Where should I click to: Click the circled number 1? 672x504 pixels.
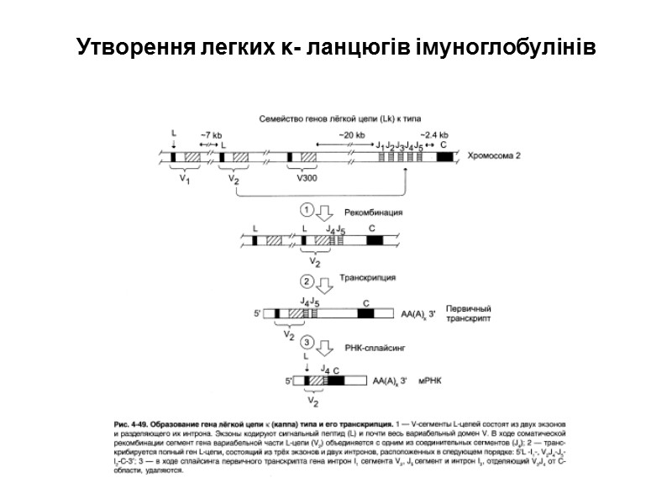tap(307, 210)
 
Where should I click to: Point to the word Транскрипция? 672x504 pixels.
tap(367, 277)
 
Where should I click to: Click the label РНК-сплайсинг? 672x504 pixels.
tap(369, 344)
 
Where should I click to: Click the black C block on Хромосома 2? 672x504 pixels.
tap(444, 157)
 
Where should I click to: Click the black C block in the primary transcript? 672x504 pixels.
tap(365, 313)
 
